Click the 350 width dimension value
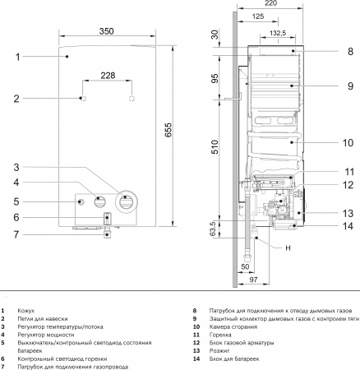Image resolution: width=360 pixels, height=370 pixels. (106, 32)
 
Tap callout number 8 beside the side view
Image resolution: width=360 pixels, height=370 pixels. (348, 51)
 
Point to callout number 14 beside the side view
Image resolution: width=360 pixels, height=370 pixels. (348, 225)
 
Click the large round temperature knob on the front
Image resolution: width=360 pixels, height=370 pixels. (127, 200)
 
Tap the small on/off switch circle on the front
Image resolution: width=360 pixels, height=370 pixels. (80, 201)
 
